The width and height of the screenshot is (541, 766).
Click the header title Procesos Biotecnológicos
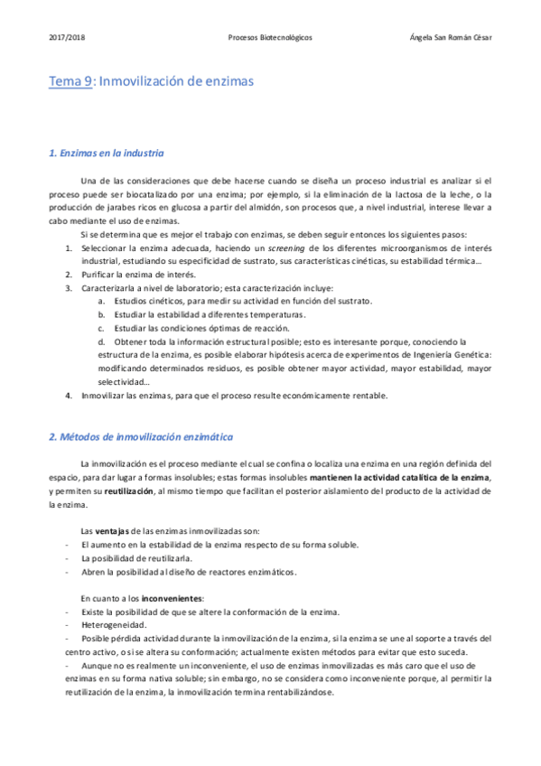[x=271, y=38]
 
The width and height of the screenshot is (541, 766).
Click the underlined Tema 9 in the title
[x=70, y=81]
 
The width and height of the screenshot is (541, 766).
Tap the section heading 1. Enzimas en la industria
[x=106, y=153]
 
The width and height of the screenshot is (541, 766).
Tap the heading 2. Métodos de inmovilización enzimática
[x=141, y=436]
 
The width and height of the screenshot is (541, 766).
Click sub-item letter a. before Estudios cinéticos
[x=100, y=301]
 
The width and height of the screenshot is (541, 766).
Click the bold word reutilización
[x=129, y=491]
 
